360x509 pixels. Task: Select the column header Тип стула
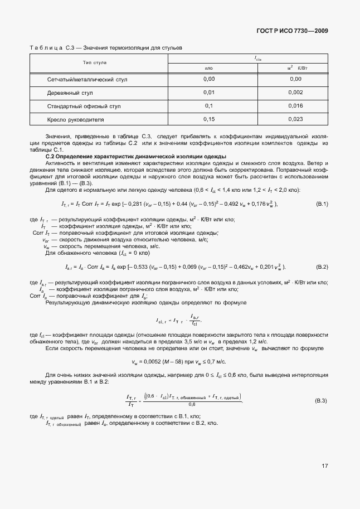[95, 62]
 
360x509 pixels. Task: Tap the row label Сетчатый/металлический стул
[87, 80]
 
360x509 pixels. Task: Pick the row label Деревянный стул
[70, 93]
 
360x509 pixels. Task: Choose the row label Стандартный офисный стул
[84, 106]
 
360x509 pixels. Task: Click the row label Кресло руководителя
[76, 119]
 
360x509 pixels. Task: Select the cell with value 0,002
[296, 93]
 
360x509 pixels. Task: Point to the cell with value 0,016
[296, 106]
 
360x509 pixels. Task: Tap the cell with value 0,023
[296, 119]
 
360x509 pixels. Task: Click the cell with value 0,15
[209, 119]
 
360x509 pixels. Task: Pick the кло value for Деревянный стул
[209, 93]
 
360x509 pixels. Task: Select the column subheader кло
[209, 68]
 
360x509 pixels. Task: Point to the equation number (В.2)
[322, 266]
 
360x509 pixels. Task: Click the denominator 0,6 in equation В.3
[192, 405]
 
